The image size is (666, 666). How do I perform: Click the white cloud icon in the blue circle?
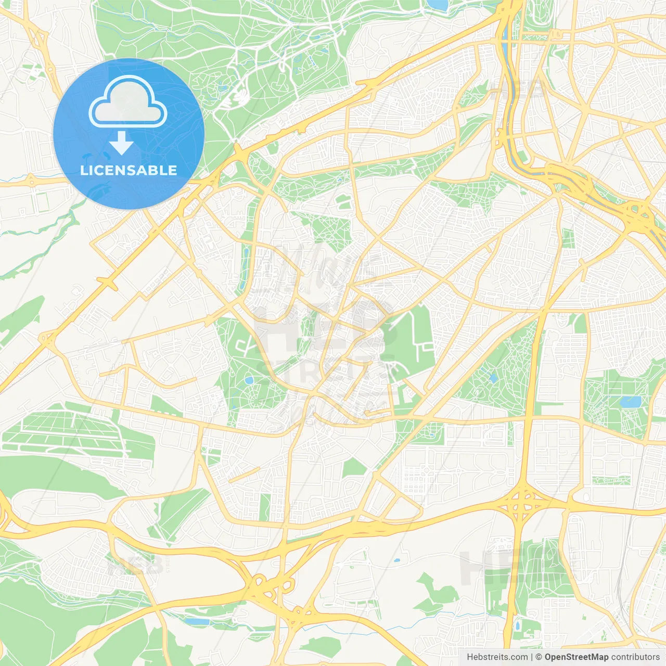pos(128,102)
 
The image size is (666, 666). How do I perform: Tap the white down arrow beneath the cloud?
pos(121,143)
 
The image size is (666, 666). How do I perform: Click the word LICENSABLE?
pos(129,170)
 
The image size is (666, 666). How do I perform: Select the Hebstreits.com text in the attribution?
pos(497,657)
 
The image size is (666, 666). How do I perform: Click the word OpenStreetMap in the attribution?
pos(577,657)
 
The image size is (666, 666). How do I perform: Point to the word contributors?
pos(635,657)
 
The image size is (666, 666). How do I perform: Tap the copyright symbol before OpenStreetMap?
pos(539,657)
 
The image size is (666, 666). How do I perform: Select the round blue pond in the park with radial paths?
pos(249,380)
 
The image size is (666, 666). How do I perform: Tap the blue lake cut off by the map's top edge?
pos(438,5)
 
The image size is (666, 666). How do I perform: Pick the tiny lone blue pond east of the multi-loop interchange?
pos(397,560)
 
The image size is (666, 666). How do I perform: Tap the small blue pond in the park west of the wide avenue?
pos(492,378)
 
